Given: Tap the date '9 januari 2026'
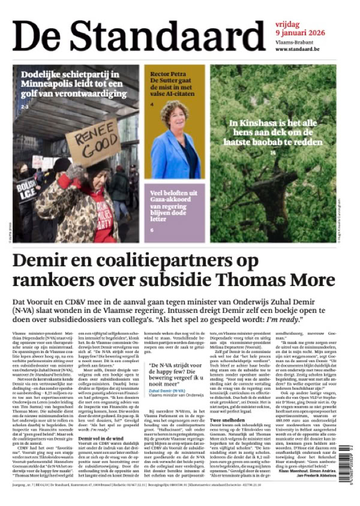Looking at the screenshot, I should coord(301,32).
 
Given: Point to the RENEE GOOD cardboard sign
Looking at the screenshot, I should coord(91,142).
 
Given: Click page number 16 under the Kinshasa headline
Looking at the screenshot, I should coord(273,153).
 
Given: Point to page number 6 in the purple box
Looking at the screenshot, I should coord(152,230).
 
